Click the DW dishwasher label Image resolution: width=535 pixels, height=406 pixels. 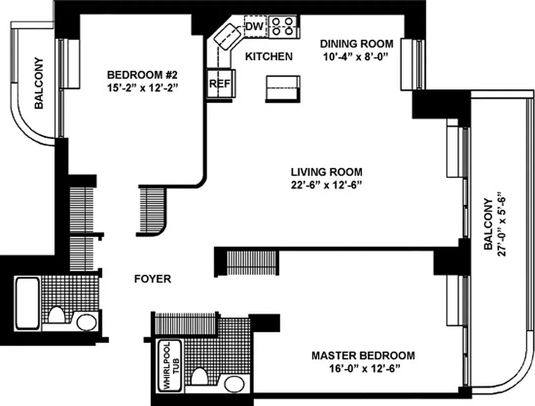click(x=255, y=27)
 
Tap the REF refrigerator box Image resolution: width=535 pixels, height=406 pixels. click(x=220, y=84)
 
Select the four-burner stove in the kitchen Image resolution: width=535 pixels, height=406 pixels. click(x=282, y=26)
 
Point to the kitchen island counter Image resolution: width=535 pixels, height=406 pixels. click(x=282, y=89)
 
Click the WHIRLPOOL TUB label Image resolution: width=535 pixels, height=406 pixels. click(x=171, y=365)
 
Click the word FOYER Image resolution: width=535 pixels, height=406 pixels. click(x=152, y=279)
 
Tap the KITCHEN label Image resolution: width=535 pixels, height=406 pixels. click(x=269, y=56)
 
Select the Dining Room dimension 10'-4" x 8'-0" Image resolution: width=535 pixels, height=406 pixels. click(x=355, y=57)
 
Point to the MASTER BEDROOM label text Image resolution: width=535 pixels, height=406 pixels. click(x=363, y=355)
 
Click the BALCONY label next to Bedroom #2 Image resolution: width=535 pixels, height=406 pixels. click(x=39, y=83)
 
